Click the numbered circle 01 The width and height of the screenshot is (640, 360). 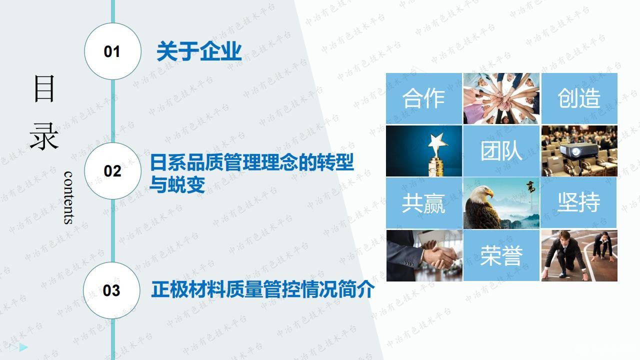112,51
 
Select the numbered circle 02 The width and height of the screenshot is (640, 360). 112,171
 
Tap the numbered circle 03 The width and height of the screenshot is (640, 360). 112,290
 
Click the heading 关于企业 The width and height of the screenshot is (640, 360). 199,51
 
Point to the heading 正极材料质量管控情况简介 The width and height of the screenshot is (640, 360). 262,289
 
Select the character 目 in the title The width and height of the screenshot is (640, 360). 44,88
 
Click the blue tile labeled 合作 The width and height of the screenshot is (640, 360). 423,98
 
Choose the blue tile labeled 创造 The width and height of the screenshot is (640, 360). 579,98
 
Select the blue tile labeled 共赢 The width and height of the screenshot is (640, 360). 423,203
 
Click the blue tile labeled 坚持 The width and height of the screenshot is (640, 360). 579,203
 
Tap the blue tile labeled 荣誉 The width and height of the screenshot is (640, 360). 501,255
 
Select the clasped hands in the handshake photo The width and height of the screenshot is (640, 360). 443,256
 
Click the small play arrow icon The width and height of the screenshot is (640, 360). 23,347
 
